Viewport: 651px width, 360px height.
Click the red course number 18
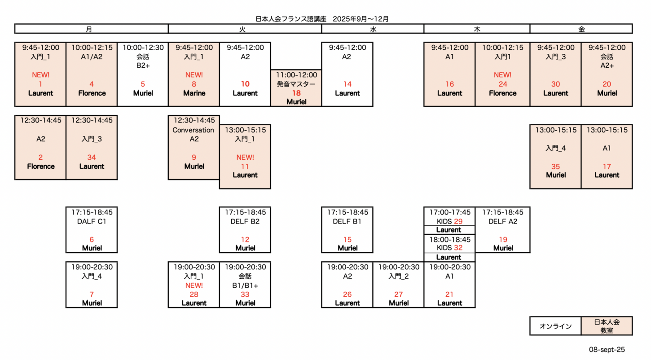click(x=296, y=93)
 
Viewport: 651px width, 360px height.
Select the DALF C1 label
click(x=92, y=221)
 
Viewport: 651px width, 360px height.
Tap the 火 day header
click(x=242, y=29)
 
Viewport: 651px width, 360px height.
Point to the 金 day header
click(x=581, y=29)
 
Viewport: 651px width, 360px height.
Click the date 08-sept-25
click(x=607, y=350)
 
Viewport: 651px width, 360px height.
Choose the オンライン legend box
click(x=555, y=326)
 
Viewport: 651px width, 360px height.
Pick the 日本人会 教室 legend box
click(x=607, y=326)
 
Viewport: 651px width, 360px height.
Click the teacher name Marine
click(x=194, y=93)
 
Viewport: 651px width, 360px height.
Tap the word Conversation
click(x=193, y=130)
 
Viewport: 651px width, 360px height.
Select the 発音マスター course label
click(x=296, y=84)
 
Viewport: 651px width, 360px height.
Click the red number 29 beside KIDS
click(x=458, y=221)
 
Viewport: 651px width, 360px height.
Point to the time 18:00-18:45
click(x=450, y=239)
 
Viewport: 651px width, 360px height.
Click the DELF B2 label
click(x=245, y=221)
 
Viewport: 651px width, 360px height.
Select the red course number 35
click(x=555, y=167)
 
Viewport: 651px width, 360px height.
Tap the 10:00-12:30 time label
click(x=143, y=48)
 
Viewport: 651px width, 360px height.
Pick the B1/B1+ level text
click(x=245, y=285)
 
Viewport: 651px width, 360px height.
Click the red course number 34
click(x=92, y=157)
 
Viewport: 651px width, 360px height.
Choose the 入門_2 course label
click(x=398, y=276)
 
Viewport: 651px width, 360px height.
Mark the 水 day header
click(x=373, y=29)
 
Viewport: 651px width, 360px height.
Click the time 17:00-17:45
click(x=450, y=212)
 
